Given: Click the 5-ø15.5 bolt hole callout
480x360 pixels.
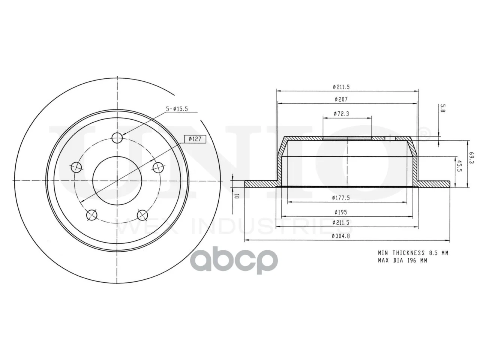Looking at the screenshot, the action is [177, 109].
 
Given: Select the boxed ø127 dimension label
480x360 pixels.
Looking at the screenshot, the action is [194, 139].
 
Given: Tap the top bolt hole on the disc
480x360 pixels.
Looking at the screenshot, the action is [117, 138].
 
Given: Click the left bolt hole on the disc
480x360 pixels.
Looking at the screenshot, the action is [76, 167].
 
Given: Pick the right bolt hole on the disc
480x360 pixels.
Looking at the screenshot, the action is [158, 167].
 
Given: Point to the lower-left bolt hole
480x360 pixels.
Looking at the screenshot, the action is [92, 215].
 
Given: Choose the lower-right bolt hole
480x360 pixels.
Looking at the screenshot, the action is [142, 215].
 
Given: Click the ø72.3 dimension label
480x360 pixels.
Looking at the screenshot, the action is [341, 114].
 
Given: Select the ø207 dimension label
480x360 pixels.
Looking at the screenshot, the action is [341, 99].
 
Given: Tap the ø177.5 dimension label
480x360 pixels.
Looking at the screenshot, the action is [341, 198].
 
